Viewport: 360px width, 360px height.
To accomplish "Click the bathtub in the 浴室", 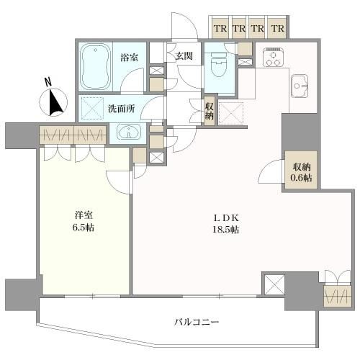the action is [96, 67].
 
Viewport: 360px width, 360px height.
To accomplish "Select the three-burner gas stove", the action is [273, 58].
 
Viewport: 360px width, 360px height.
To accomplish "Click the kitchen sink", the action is [300, 86].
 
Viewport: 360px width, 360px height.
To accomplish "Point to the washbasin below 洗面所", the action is [129, 132].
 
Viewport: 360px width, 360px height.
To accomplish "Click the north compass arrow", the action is [56, 102].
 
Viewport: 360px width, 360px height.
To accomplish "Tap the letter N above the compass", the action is [49, 82].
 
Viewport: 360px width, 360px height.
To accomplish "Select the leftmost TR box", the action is [220, 28].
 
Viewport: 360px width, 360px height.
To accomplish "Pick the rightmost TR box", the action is [278, 28].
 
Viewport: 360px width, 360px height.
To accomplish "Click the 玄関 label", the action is [184, 56].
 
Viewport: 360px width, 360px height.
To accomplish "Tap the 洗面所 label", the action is [121, 109].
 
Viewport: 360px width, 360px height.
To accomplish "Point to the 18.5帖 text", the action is [225, 230].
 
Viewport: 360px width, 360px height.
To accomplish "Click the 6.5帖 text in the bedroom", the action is [84, 227].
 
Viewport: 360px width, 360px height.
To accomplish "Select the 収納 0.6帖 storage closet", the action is [301, 171].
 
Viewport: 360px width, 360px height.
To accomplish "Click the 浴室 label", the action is [129, 58].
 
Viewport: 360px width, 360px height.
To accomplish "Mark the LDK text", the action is [226, 218].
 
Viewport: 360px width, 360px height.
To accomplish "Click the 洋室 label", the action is [84, 215].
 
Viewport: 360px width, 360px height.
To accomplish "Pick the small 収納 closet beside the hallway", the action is [210, 110].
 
